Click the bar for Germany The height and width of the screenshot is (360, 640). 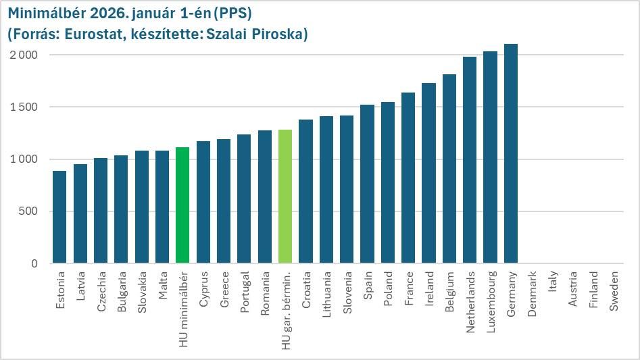click(511, 154)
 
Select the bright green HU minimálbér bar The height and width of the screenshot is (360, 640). click(182, 205)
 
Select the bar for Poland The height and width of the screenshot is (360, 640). click(388, 182)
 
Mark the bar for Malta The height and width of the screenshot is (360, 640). click(162, 207)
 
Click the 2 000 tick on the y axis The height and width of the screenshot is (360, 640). click(24, 55)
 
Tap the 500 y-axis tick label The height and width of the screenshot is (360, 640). click(29, 211)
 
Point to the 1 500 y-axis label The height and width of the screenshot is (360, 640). click(24, 107)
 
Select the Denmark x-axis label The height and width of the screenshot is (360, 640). click(532, 294)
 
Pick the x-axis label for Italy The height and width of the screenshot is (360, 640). click(553, 282)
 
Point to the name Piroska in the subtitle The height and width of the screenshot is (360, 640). click(282, 34)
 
